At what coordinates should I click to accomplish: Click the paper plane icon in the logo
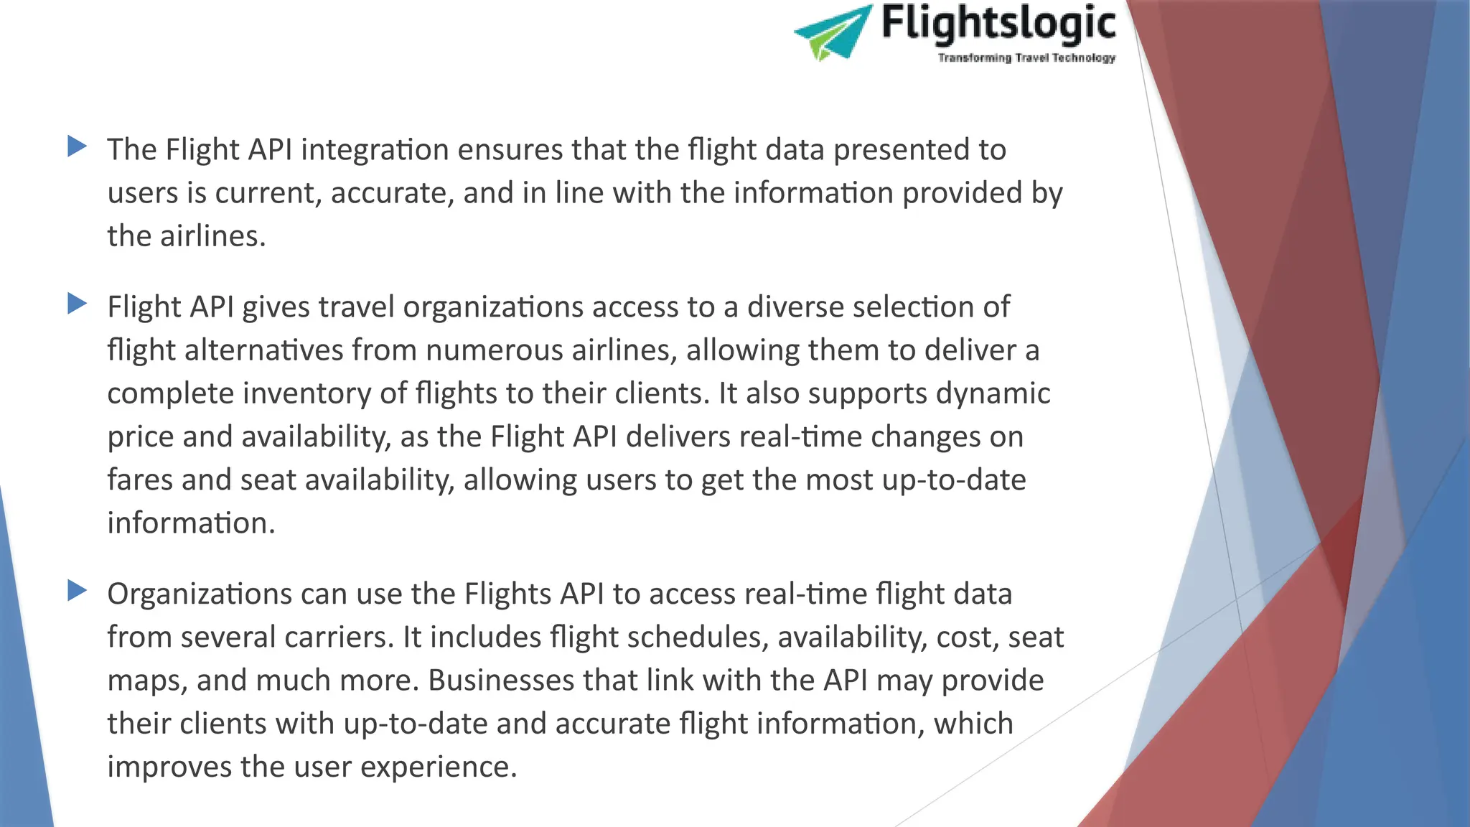(833, 32)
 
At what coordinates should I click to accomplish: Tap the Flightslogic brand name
(998, 24)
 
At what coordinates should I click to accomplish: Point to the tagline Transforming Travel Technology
(1026, 57)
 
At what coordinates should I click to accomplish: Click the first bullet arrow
(77, 146)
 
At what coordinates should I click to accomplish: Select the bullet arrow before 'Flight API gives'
(77, 304)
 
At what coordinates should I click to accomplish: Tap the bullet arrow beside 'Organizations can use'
(77, 591)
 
